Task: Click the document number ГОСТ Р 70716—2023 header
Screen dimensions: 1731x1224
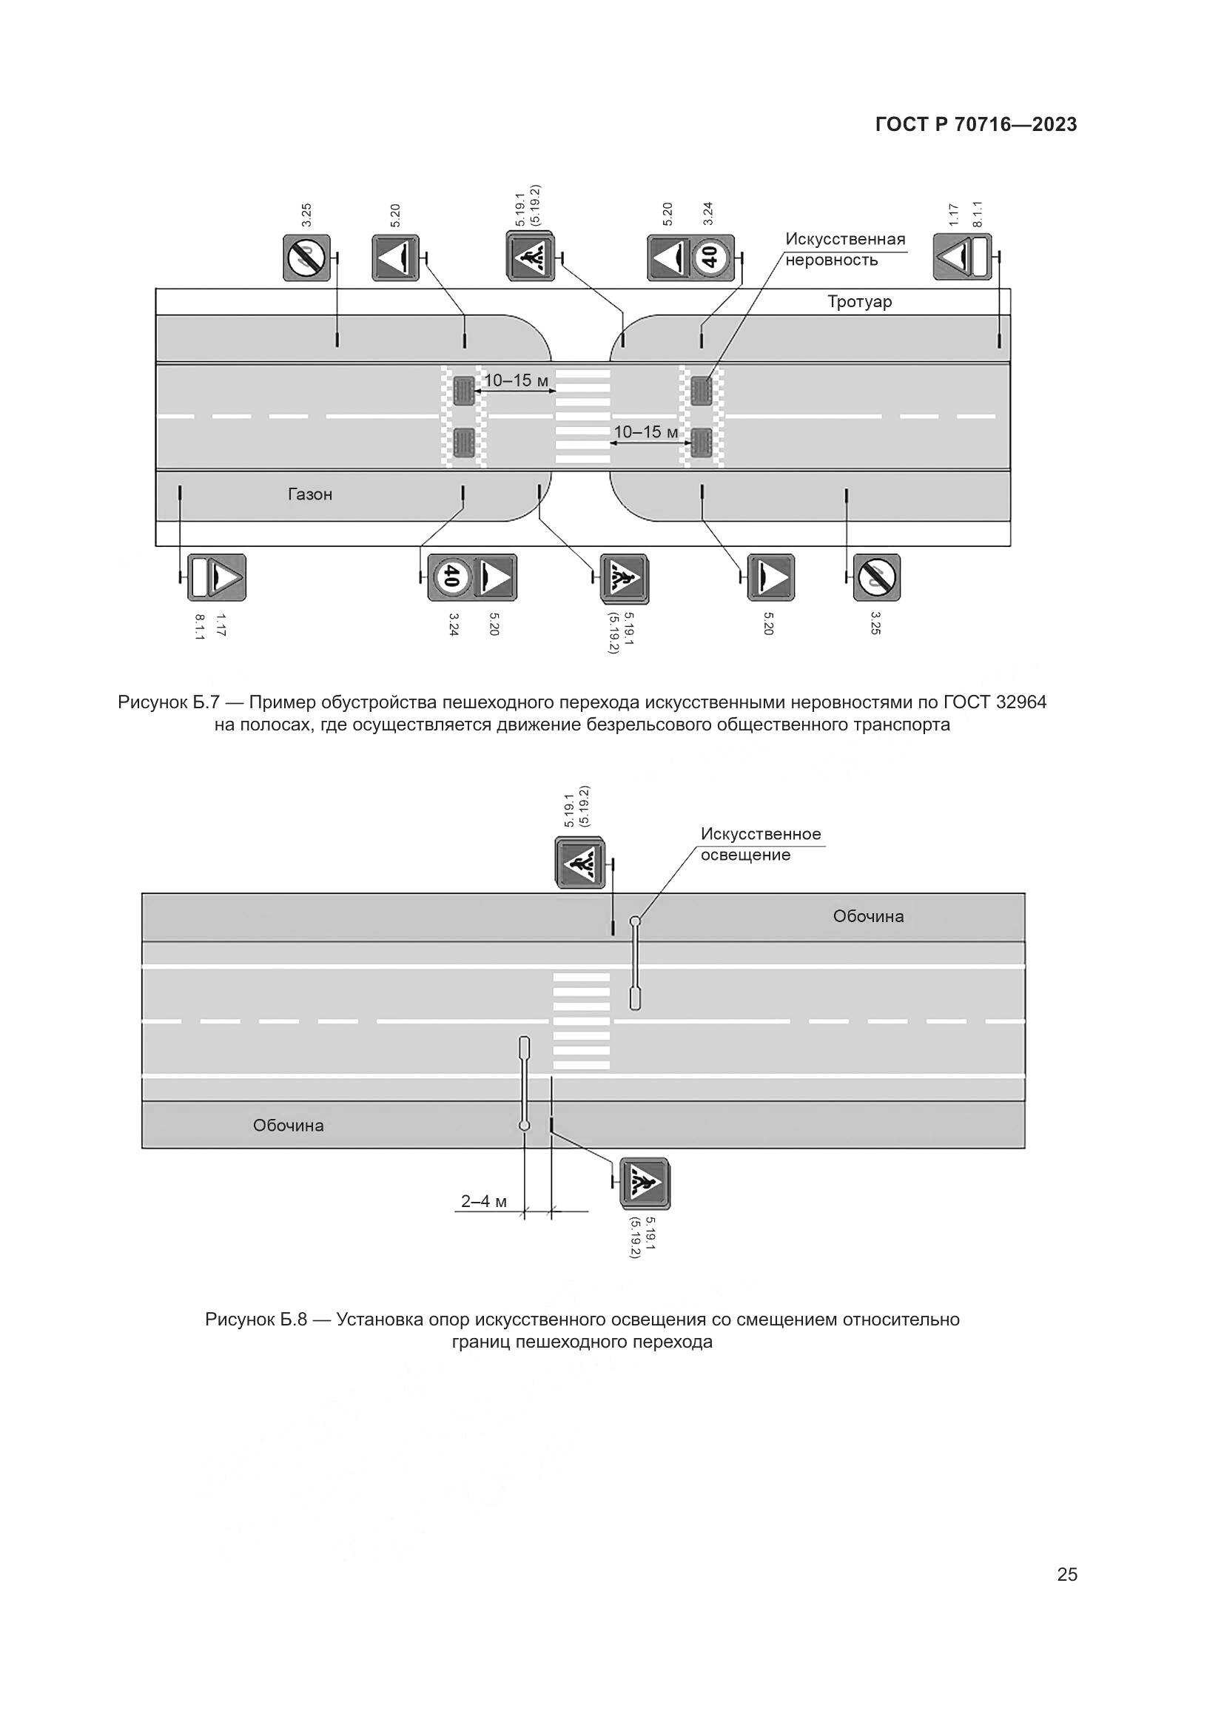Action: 976,125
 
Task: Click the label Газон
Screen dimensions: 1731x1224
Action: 310,494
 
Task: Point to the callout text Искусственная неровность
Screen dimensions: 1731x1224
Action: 844,249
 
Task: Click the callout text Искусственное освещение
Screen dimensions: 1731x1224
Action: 761,844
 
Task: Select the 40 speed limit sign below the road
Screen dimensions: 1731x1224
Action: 451,577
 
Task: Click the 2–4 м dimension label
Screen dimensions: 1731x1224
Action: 484,1201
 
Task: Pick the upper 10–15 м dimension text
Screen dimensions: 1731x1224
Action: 517,380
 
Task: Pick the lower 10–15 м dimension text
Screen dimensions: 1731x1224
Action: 646,432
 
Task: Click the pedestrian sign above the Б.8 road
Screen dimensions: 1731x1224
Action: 579,862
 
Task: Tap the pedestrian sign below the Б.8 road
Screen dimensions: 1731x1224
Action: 645,1183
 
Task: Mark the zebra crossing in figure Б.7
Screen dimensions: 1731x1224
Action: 582,416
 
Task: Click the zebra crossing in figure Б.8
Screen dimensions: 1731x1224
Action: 581,1021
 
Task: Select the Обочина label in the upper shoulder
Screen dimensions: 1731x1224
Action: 868,917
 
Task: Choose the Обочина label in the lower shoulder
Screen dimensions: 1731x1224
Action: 288,1126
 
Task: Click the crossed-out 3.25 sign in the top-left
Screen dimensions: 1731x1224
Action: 307,258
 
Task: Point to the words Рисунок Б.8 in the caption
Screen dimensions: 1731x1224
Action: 256,1320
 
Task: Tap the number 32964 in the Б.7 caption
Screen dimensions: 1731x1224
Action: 1021,702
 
